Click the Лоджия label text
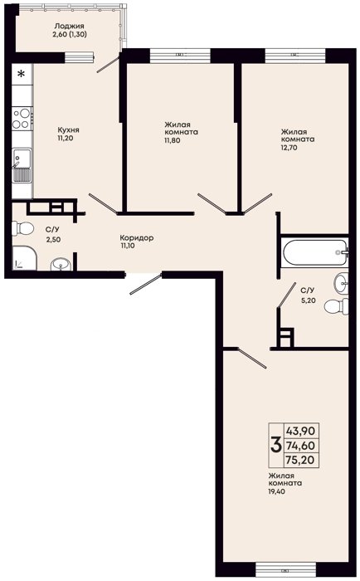[x=69, y=27]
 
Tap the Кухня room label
[x=69, y=130]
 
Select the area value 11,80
[x=173, y=140]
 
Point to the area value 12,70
[x=289, y=148]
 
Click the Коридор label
[x=137, y=238]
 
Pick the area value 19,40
[x=277, y=491]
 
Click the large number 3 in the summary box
[x=276, y=445]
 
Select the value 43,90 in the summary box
[x=300, y=431]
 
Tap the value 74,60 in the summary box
[x=300, y=446]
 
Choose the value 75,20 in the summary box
[x=300, y=460]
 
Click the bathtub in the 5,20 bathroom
[x=315, y=252]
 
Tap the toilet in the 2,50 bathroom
[x=22, y=228]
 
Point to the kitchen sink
[x=22, y=164]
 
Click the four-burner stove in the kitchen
[x=22, y=119]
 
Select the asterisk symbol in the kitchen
[x=22, y=74]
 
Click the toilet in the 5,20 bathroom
[x=336, y=306]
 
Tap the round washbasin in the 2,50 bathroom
[x=61, y=264]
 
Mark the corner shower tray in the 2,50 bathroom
[x=24, y=258]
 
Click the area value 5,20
[x=308, y=300]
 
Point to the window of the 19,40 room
[x=286, y=568]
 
